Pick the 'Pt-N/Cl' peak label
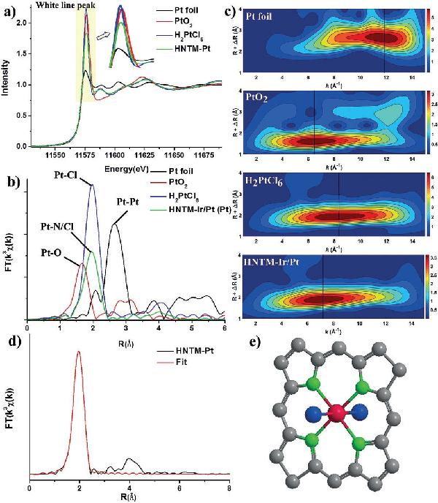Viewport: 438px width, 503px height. coord(56,229)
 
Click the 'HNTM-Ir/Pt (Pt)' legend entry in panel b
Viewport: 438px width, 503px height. coord(190,211)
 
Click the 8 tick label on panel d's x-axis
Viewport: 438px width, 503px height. coord(228,486)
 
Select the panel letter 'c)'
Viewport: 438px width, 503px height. coord(229,11)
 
